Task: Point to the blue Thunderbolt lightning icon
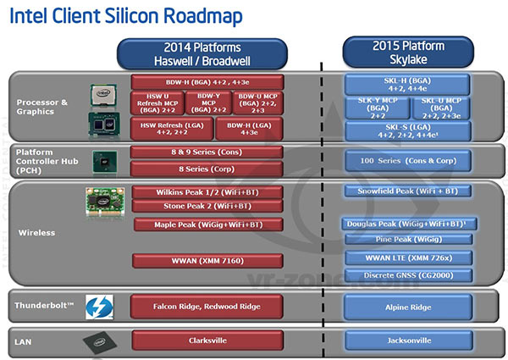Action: tap(99, 307)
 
